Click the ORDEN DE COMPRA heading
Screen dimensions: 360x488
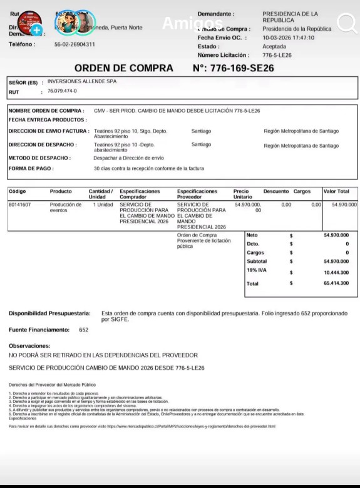coord(123,68)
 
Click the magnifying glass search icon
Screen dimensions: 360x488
coord(346,23)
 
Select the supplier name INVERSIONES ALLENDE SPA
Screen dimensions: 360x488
coord(82,81)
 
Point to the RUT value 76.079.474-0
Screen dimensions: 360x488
coord(62,91)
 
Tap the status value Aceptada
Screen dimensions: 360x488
coord(274,46)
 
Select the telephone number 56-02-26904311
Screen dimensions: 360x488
coord(75,44)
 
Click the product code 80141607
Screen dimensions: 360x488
coord(20,205)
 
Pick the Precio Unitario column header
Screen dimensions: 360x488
coord(241,194)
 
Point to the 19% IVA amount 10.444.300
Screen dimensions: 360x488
coord(336,273)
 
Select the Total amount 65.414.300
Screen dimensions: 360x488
coord(336,283)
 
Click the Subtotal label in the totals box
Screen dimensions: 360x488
coord(257,262)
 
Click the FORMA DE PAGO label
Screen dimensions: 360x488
coord(31,168)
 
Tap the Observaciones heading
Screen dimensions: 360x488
coord(29,346)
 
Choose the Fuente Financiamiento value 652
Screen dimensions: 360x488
coord(84,330)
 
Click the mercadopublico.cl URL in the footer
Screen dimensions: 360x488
coord(191,426)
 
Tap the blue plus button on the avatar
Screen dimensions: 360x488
coord(37,30)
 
